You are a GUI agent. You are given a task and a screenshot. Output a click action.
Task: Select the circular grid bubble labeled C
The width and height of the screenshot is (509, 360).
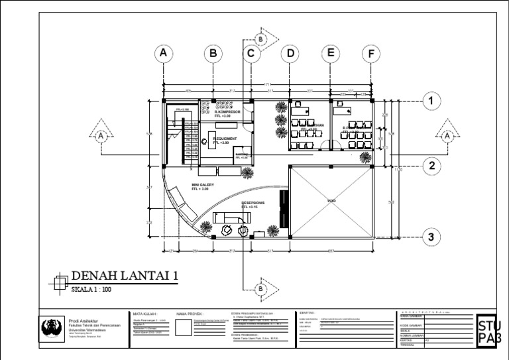(x=251, y=54)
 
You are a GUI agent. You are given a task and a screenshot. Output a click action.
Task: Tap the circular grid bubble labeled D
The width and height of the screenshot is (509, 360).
(x=290, y=54)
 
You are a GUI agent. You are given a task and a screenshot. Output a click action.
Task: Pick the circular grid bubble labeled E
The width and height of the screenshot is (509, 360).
(x=331, y=54)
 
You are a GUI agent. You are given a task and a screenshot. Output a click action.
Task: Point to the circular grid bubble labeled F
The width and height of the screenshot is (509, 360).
(x=371, y=54)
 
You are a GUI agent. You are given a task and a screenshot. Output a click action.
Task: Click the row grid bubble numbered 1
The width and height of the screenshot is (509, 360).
(x=431, y=101)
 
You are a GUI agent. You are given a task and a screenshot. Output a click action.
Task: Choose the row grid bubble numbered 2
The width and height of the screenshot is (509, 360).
(x=431, y=166)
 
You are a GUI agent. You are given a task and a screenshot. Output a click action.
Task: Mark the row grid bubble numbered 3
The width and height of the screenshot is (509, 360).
(x=431, y=237)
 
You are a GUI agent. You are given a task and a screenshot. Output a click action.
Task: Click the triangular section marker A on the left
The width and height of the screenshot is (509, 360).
(x=101, y=136)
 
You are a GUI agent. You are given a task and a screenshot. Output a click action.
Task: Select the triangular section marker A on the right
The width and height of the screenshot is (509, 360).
(x=448, y=136)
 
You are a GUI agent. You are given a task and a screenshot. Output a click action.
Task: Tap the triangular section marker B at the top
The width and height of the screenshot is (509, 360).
(x=260, y=40)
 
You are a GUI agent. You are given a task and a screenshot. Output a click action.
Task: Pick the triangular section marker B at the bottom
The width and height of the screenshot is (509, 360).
(x=260, y=289)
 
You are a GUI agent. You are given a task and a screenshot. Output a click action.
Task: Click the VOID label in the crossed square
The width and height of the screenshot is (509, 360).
(x=331, y=200)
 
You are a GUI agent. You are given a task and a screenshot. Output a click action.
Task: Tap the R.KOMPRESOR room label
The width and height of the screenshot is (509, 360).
(x=227, y=113)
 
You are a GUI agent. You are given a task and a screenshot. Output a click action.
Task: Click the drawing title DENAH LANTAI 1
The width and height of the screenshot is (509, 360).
(x=125, y=276)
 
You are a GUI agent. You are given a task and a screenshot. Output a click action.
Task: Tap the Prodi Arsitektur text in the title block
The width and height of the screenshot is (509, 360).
(x=84, y=320)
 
